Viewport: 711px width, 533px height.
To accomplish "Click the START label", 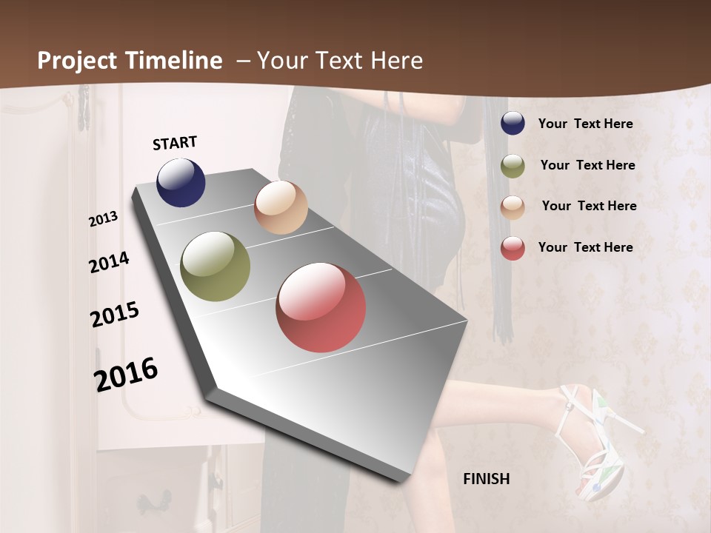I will tap(175, 143).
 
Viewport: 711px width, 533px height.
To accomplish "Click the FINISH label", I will tap(487, 479).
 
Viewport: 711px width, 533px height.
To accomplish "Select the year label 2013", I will tap(104, 219).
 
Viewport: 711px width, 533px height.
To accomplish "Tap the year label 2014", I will tap(110, 263).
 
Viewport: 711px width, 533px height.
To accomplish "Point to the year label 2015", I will tap(115, 315).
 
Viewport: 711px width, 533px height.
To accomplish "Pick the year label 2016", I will tap(126, 374).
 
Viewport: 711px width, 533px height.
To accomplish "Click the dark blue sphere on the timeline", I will tap(181, 182).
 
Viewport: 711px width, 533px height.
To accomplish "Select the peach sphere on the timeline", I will tap(281, 207).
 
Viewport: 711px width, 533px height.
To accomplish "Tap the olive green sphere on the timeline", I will tap(216, 266).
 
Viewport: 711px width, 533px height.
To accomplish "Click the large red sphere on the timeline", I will tap(321, 307).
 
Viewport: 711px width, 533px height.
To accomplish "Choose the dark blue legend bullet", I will tap(513, 124).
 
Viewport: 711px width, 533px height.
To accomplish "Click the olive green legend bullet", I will tap(513, 166).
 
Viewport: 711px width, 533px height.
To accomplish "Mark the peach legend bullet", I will tap(513, 207).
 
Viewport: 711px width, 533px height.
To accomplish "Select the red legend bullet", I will tap(513, 248).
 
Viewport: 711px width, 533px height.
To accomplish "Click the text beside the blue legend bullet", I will tap(586, 124).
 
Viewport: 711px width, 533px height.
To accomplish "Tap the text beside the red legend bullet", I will tap(586, 247).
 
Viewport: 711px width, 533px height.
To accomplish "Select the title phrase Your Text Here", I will tap(340, 61).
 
